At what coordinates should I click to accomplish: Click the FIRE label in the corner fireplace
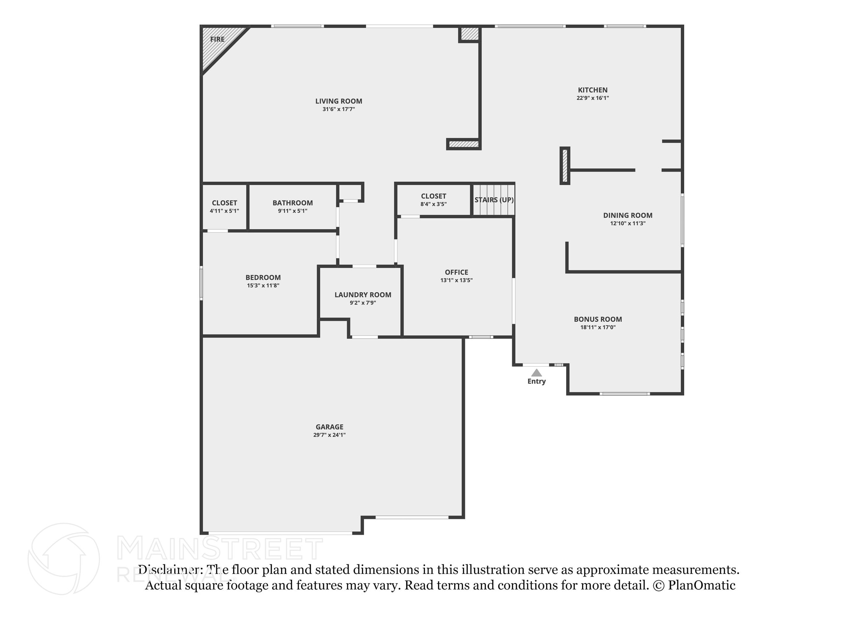click(x=217, y=39)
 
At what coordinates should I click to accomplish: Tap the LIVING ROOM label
click(x=339, y=101)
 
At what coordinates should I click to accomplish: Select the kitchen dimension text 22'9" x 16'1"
click(x=592, y=98)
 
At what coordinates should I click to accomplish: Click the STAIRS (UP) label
click(x=494, y=200)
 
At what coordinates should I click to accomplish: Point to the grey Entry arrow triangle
click(x=536, y=373)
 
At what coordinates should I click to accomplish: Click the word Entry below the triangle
click(x=536, y=381)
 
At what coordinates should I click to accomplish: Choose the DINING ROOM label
click(x=627, y=216)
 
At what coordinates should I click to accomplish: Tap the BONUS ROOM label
click(x=598, y=319)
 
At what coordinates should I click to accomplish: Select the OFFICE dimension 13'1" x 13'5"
click(x=456, y=280)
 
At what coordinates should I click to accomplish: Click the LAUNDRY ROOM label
click(x=363, y=295)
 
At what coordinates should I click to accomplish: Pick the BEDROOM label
click(x=263, y=277)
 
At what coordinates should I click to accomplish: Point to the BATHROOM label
click(x=293, y=203)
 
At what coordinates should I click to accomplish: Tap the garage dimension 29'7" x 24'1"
click(x=329, y=435)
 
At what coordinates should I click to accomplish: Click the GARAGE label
click(x=329, y=427)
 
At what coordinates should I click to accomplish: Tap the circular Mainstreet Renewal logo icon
click(x=63, y=559)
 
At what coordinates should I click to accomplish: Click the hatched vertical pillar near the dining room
click(x=564, y=166)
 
